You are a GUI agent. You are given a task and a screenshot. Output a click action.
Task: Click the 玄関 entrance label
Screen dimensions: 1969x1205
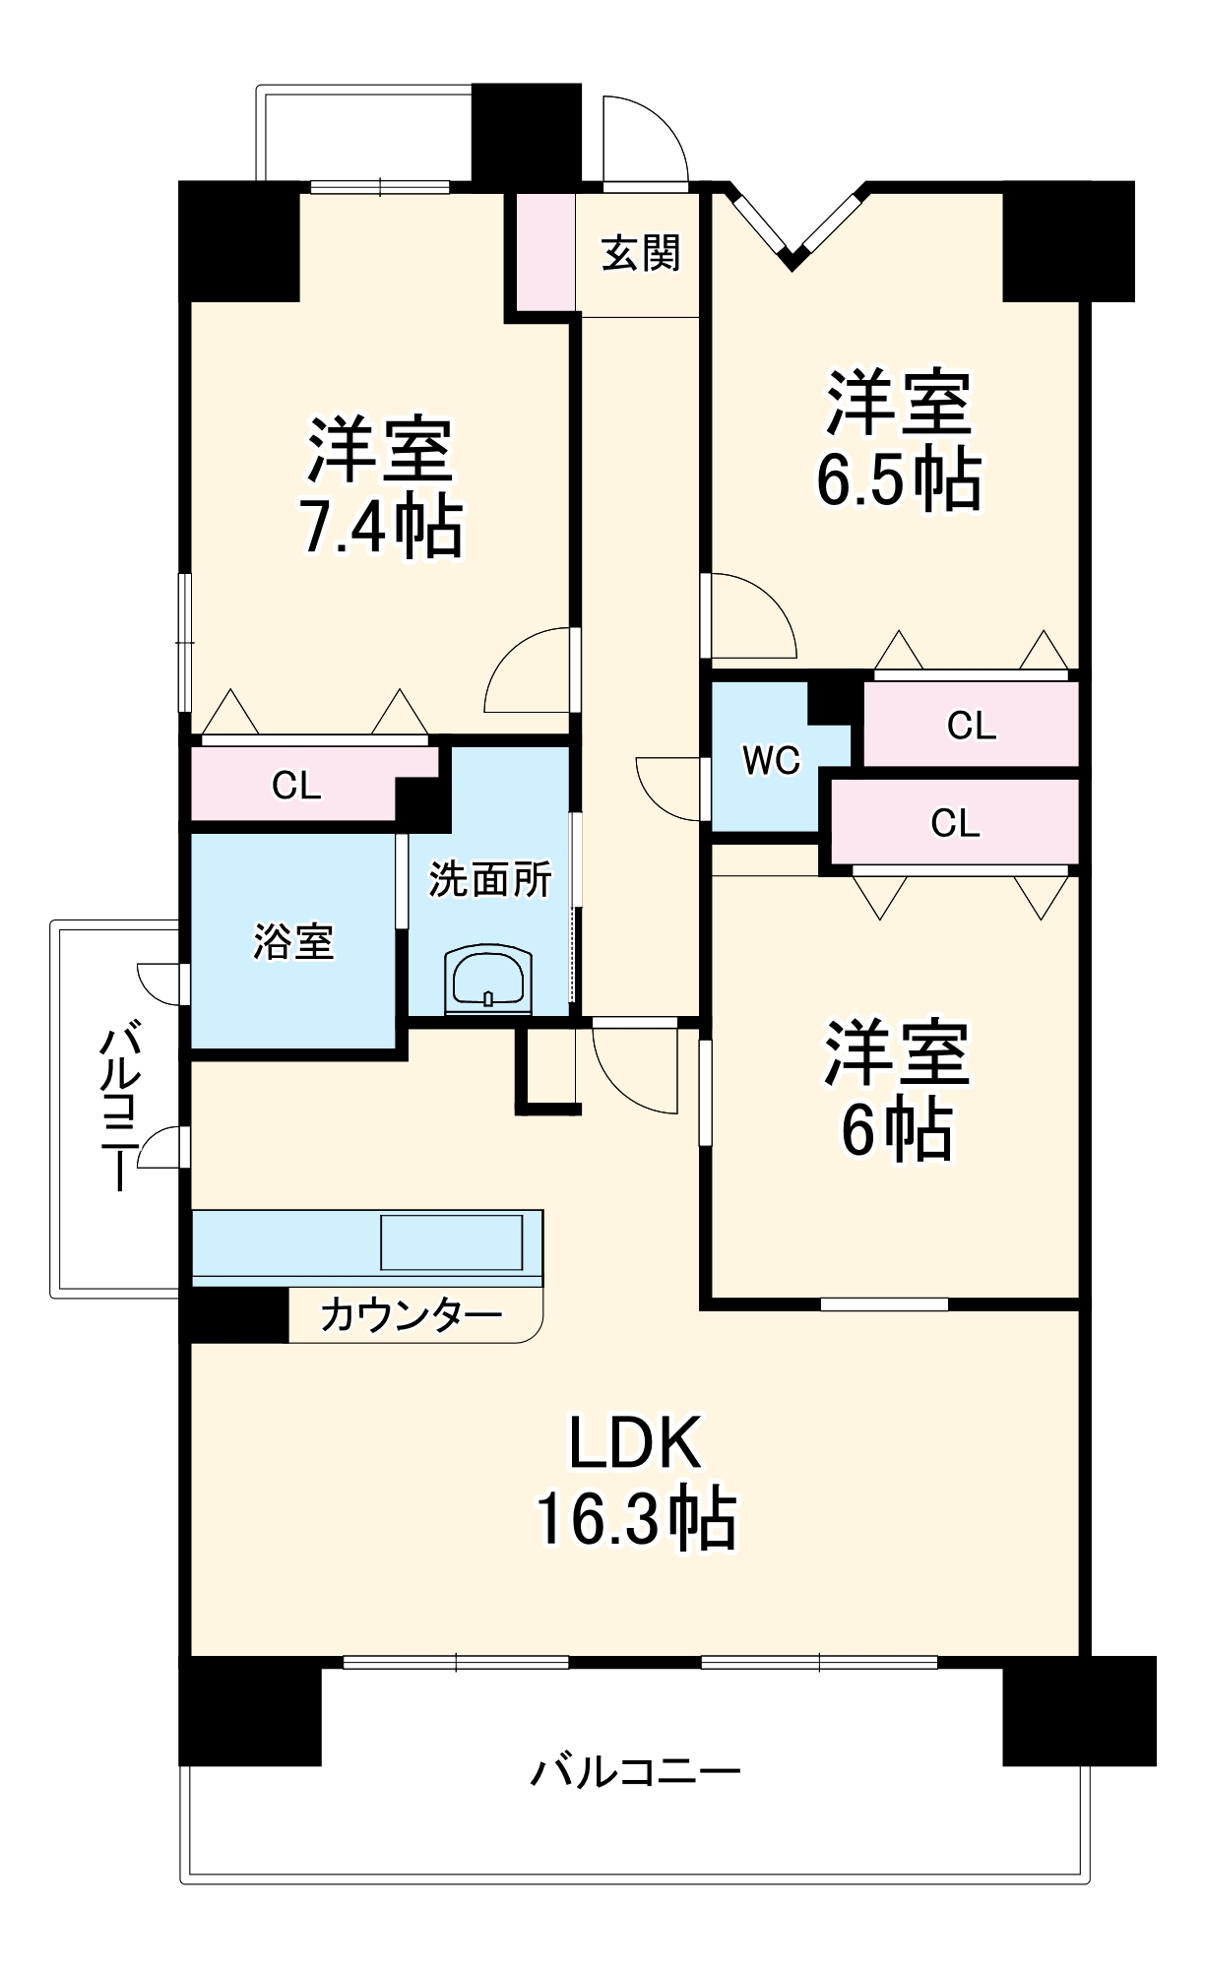pos(641,253)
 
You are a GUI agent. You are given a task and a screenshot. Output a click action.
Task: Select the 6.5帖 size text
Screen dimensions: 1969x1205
pos(898,479)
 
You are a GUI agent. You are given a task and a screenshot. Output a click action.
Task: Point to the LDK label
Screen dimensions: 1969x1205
pos(635,1442)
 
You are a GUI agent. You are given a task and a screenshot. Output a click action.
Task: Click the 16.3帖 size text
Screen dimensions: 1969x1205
pos(635,1519)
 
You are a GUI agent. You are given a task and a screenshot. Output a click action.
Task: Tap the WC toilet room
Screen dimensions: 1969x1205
pos(771,760)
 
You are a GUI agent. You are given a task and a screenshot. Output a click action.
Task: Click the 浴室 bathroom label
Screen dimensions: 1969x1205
pos(293,942)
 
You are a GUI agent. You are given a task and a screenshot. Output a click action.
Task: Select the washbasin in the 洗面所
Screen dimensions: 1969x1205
pos(489,980)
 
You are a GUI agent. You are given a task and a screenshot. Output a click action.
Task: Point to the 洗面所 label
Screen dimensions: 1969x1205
pos(489,879)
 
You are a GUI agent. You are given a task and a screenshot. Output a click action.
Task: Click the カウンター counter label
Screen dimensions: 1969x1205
pos(412,1315)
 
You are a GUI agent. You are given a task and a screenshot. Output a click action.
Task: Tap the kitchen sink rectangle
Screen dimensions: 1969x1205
pos(452,1242)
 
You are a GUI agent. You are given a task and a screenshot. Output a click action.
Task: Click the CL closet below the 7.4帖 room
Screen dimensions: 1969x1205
pos(296,786)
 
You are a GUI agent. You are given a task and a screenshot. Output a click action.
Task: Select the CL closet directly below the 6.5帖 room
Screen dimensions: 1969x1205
pos(971,726)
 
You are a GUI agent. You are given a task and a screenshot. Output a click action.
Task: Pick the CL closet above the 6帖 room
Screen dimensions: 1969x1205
pos(955,823)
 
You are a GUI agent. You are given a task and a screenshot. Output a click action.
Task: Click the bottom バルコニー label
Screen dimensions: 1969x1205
pos(635,1773)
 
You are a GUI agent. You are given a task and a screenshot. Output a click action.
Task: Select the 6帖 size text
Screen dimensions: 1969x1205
pos(896,1130)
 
